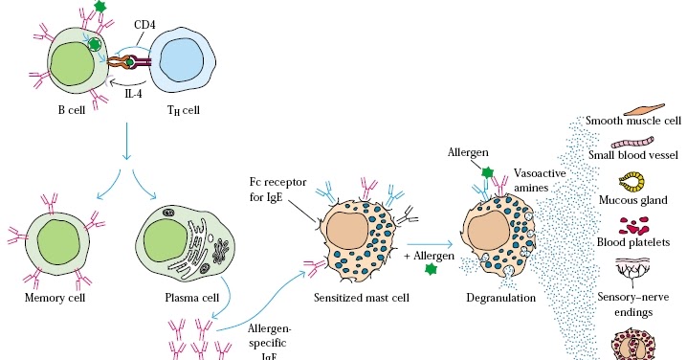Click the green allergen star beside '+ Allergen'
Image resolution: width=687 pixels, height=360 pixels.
(429, 270)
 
